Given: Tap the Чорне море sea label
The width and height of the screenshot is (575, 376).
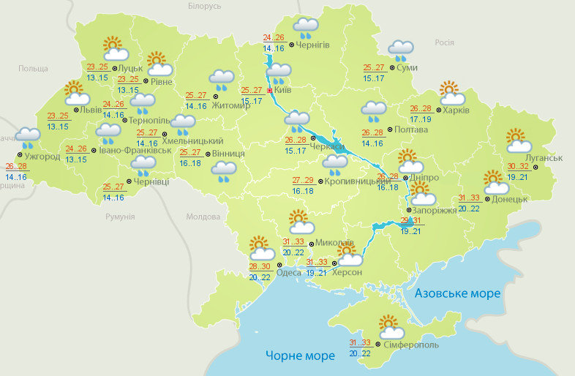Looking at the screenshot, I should pyautogui.click(x=300, y=356).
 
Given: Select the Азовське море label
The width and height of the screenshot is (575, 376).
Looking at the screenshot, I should pyautogui.click(x=457, y=293).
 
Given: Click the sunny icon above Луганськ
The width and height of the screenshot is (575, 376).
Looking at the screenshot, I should pyautogui.click(x=517, y=140).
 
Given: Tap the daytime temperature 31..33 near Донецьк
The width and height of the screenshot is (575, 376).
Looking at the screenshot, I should pyautogui.click(x=469, y=198).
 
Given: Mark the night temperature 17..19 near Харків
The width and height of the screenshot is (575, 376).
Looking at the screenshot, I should pyautogui.click(x=421, y=119).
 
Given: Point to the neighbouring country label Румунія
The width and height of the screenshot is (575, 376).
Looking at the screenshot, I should pyautogui.click(x=120, y=217).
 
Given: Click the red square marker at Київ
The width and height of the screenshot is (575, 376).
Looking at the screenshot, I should pyautogui.click(x=269, y=91).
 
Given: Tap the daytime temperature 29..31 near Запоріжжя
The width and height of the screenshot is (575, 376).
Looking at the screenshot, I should pyautogui.click(x=411, y=222).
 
